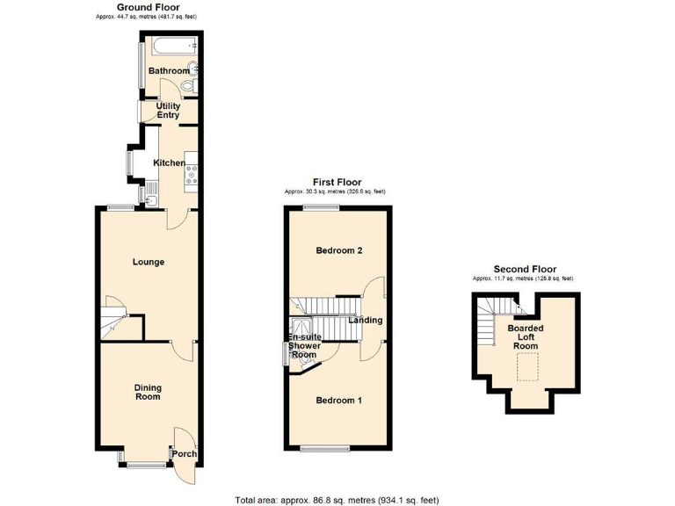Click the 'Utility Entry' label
click(168, 110)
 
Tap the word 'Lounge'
click(149, 262)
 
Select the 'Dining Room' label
click(148, 392)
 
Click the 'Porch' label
click(184, 454)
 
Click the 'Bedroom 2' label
click(339, 250)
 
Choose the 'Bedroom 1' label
click(339, 401)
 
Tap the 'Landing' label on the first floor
click(365, 320)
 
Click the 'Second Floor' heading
click(525, 269)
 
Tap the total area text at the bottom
click(337, 500)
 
